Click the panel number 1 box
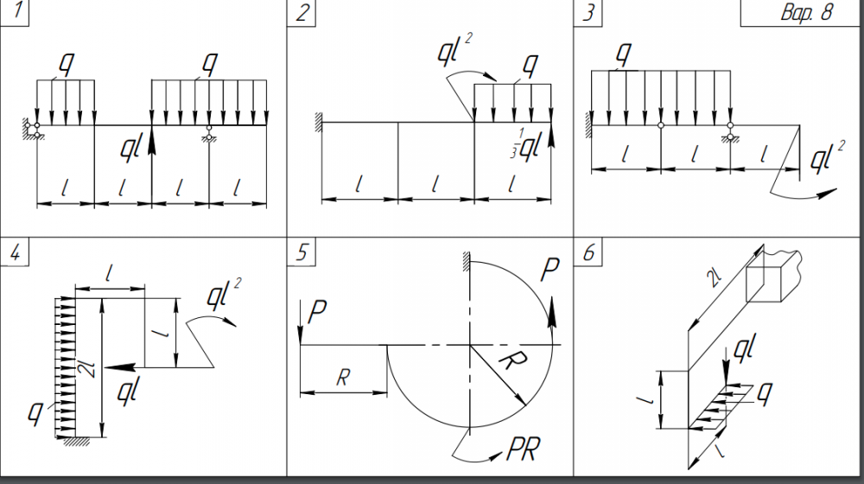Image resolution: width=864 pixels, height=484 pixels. pos(15,12)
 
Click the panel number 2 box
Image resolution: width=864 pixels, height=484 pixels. pos(302,13)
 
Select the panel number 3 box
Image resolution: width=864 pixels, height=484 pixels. pos(588,13)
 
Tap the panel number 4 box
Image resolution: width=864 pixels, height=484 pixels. pos(15,252)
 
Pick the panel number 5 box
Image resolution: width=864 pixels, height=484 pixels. pos(302,252)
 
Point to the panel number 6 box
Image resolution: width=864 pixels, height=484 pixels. pos(588,252)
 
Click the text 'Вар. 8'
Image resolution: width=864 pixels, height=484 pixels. pos(807,12)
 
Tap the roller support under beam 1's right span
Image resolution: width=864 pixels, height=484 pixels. pos(209,133)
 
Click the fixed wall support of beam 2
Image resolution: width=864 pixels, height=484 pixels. pos(318,121)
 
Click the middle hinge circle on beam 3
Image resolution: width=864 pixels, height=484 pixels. pos(661,125)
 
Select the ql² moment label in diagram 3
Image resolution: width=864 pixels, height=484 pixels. pos(828,156)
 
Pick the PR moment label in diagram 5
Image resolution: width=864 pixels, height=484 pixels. pos(524,449)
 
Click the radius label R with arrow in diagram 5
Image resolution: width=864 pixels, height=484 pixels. pos(512,361)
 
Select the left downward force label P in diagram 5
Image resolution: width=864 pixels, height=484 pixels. pos(317,312)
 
